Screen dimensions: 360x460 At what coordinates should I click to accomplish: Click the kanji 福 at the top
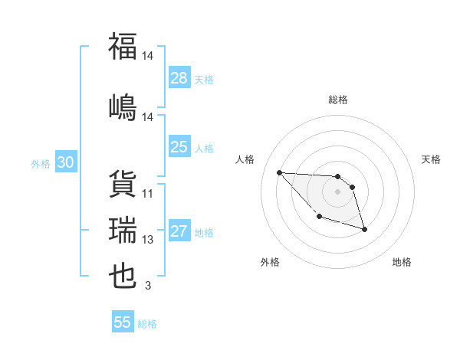point(123,45)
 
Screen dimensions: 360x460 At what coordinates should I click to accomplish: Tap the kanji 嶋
point(123,106)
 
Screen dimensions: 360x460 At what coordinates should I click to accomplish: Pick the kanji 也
point(123,275)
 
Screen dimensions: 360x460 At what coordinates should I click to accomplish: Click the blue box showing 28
point(179,78)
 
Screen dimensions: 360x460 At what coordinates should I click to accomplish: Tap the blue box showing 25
point(179,148)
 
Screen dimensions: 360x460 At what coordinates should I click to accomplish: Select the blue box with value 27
point(179,232)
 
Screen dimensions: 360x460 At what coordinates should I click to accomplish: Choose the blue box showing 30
point(65,163)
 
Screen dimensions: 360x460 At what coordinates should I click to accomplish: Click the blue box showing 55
point(123,322)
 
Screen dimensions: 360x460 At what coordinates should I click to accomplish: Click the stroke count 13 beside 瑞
point(148,240)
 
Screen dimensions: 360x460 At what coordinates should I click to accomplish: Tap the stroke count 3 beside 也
point(148,286)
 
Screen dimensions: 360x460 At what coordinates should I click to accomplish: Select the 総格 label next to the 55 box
point(147,324)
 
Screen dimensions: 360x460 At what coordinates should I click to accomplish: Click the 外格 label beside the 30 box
point(41,164)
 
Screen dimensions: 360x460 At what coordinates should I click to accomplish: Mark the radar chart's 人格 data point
point(279,172)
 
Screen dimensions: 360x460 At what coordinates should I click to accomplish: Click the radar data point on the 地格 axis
point(364,229)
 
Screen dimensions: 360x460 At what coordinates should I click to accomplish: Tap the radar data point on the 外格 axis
point(319,217)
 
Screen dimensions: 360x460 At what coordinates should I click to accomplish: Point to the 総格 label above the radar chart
point(337,100)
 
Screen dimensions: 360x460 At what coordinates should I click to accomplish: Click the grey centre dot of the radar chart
point(337,191)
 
